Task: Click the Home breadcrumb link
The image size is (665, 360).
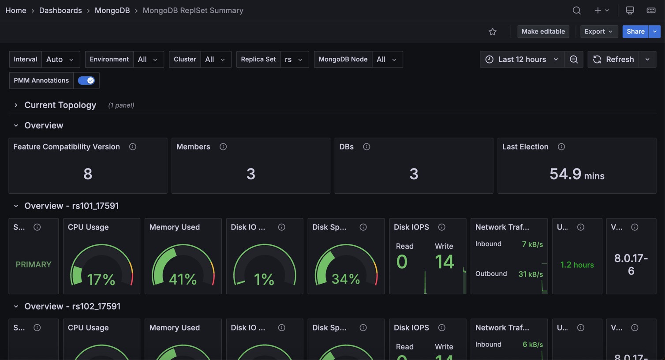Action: tap(16, 10)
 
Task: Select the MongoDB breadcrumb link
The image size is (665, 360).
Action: tap(112, 10)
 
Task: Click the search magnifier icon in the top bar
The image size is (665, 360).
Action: tap(576, 10)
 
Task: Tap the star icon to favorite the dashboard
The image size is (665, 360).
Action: tap(493, 32)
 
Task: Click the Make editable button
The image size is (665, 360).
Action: tap(543, 31)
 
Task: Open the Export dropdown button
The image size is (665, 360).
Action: tap(598, 31)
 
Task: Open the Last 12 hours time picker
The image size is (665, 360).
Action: tap(522, 59)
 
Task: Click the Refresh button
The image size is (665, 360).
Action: tap(614, 59)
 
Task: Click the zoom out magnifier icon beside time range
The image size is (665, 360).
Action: tap(574, 59)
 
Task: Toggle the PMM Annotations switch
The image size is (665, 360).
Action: tap(86, 80)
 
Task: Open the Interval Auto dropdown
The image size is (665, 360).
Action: tap(60, 59)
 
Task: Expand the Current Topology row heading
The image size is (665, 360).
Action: tap(60, 105)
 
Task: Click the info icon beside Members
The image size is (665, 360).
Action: tap(223, 146)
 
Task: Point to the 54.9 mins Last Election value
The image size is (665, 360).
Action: tap(576, 174)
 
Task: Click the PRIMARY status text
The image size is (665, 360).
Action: tap(34, 265)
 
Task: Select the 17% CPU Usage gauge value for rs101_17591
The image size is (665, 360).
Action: tap(101, 279)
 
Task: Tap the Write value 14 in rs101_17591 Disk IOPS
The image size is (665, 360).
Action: tap(444, 262)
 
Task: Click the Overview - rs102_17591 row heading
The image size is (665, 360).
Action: tap(72, 306)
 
